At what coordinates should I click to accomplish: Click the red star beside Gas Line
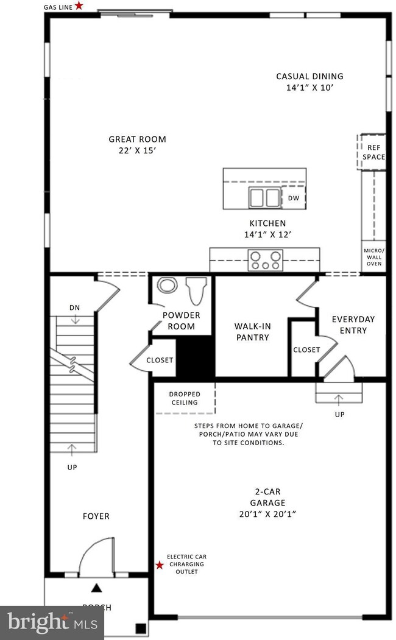click(x=79, y=5)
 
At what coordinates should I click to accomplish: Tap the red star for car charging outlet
click(x=160, y=565)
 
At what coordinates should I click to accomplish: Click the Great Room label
click(x=138, y=144)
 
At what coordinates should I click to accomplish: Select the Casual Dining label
click(x=309, y=82)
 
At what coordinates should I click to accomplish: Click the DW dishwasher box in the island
click(x=294, y=198)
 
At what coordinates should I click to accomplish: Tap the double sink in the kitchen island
click(x=263, y=198)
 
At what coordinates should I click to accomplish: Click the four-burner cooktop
click(x=264, y=260)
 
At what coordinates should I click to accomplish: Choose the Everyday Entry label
click(x=353, y=325)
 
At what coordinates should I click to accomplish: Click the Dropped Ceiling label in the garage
click(x=184, y=398)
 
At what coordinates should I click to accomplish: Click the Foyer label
click(x=96, y=516)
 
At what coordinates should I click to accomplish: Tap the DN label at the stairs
click(x=74, y=308)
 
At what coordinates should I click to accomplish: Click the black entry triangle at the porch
click(x=96, y=588)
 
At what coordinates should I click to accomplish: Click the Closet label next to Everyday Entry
click(x=306, y=350)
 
